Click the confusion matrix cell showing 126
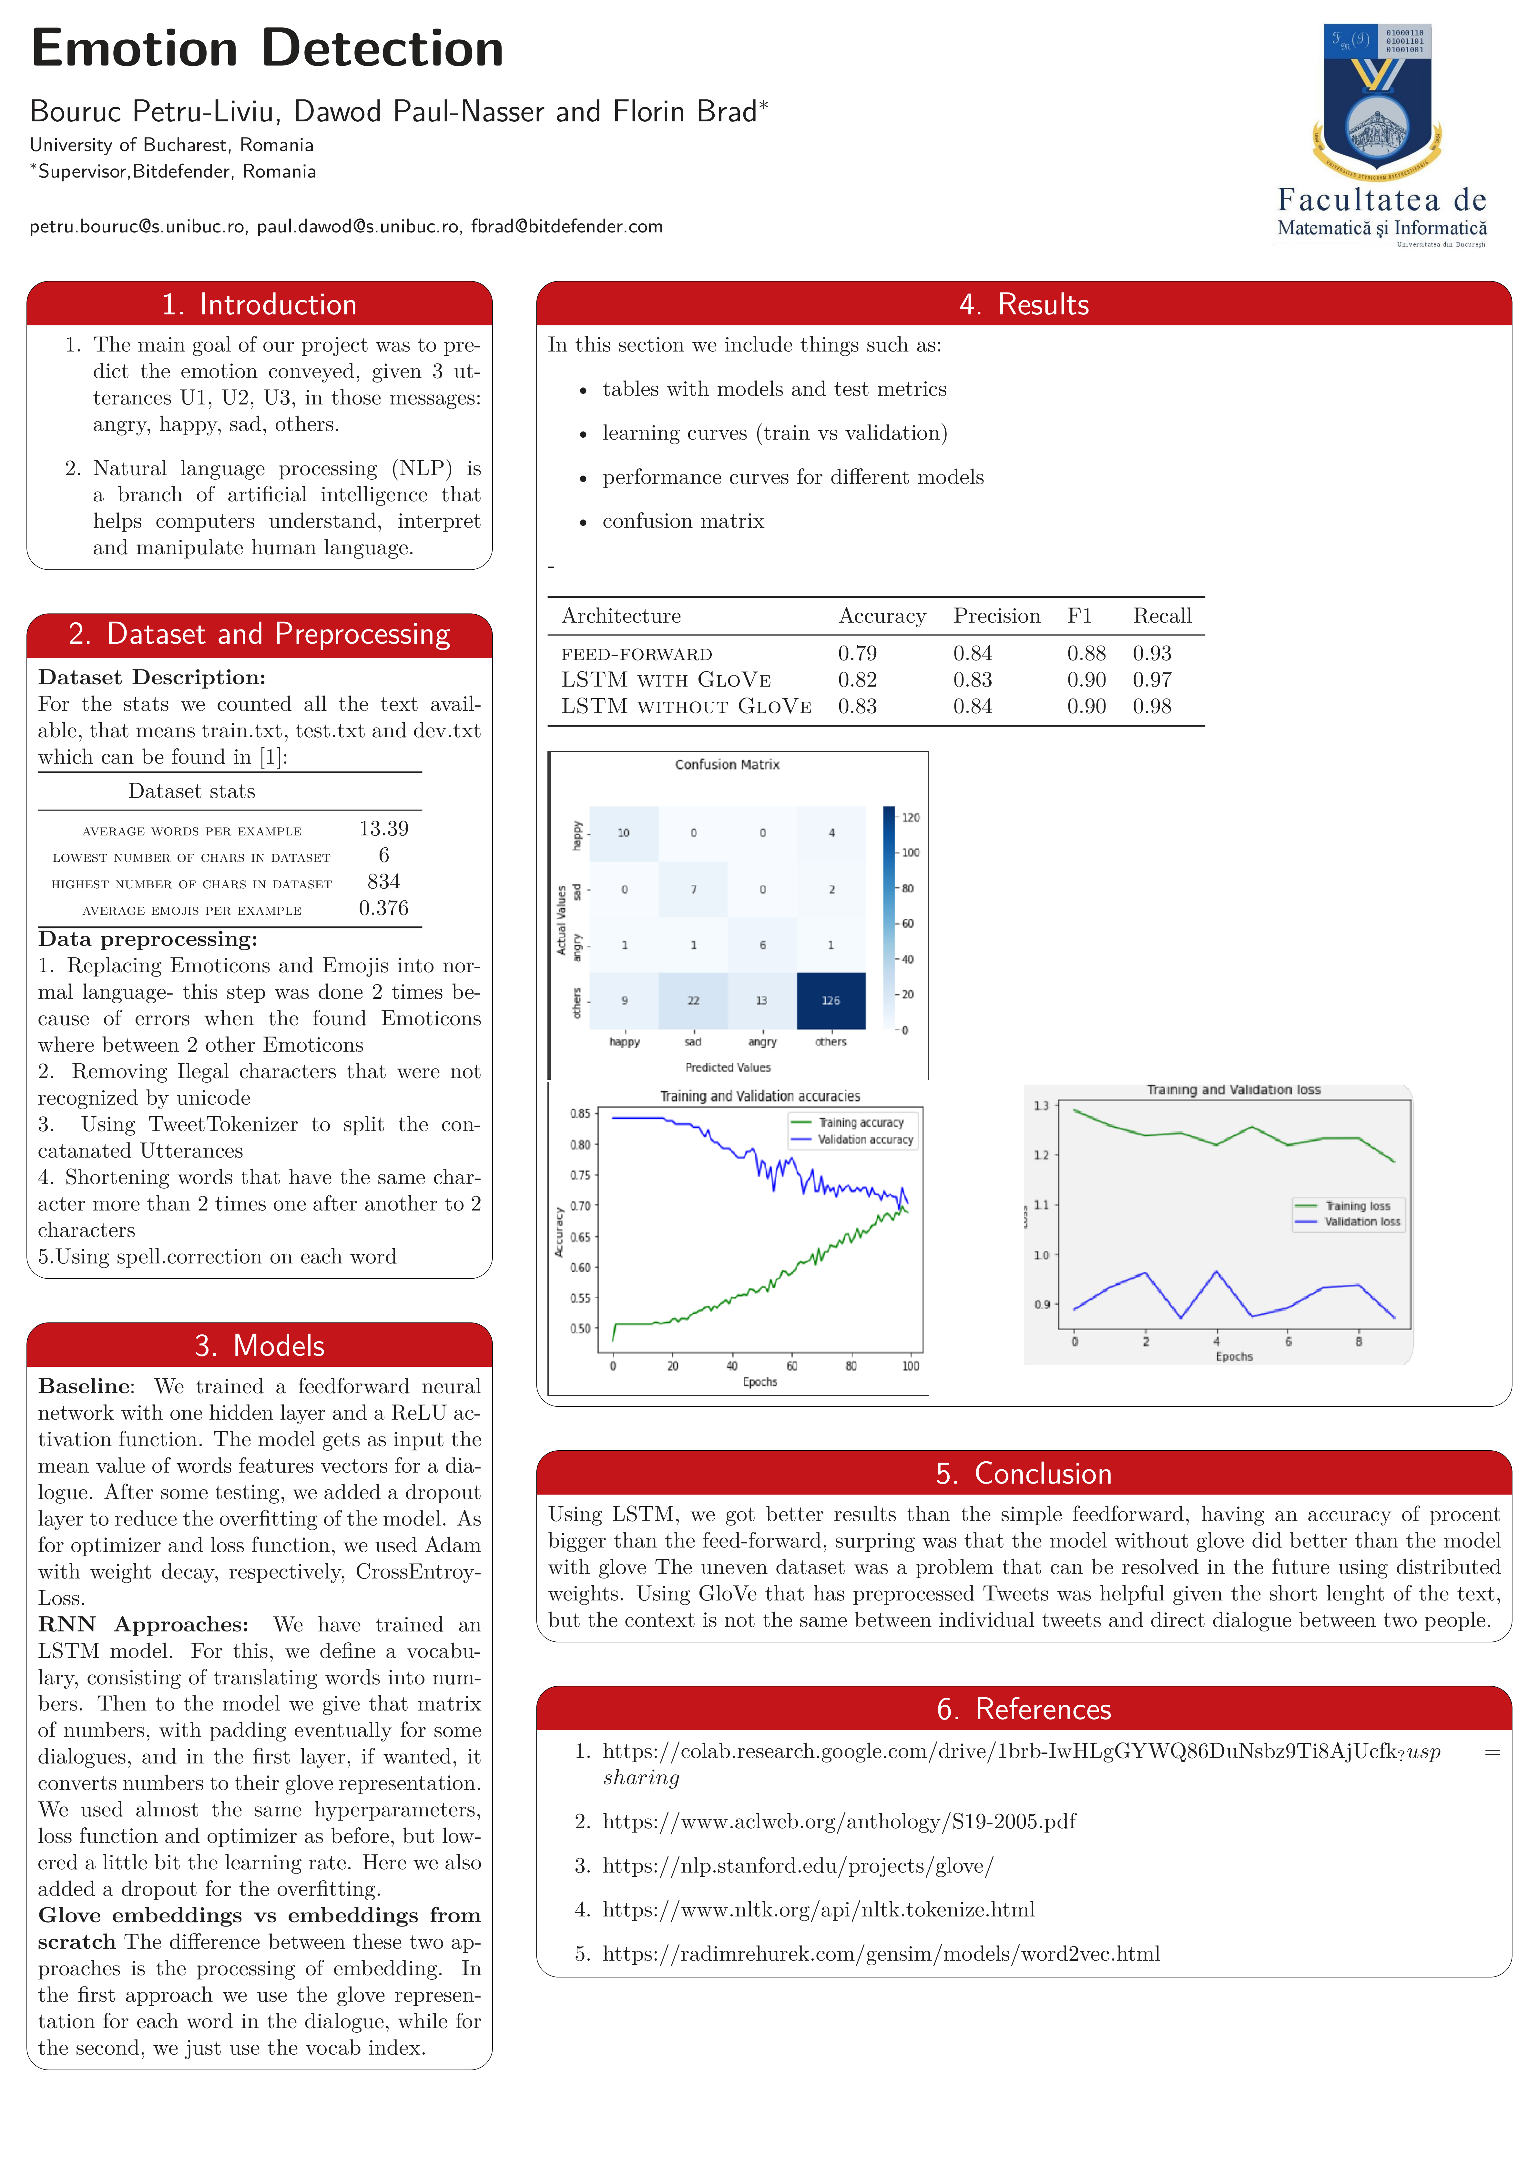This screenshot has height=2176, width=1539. (830, 1000)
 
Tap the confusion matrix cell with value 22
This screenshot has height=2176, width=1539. (693, 1000)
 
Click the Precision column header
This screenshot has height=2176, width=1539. (996, 616)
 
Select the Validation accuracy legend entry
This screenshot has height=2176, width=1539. (864, 1139)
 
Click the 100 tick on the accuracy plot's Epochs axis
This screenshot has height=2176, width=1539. (910, 1366)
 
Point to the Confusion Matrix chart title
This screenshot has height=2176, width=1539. (727, 764)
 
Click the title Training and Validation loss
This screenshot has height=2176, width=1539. (1233, 1090)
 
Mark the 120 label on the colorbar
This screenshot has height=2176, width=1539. (910, 817)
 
